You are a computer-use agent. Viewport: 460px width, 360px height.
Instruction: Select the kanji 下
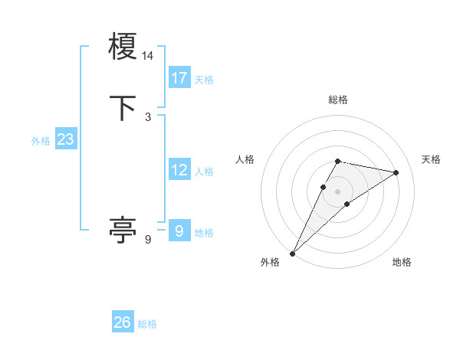tap(123, 108)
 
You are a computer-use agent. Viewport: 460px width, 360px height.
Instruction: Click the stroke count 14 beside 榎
tap(148, 56)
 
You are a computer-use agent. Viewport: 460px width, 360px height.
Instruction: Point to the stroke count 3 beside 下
tap(148, 116)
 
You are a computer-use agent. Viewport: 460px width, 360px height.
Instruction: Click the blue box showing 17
tap(179, 78)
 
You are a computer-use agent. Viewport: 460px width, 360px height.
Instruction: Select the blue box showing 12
tap(179, 170)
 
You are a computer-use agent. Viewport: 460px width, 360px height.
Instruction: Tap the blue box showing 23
tap(65, 139)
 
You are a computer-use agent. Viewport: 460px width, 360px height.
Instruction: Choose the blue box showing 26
tap(123, 322)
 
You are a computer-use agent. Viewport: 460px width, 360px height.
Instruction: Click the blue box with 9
tap(179, 231)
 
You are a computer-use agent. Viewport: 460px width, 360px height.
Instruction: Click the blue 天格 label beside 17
tap(204, 80)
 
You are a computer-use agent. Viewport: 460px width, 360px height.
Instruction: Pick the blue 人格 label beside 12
tap(204, 172)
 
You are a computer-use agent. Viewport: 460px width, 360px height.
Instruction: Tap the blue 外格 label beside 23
tap(41, 141)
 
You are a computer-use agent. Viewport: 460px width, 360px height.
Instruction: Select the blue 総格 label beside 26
tap(147, 324)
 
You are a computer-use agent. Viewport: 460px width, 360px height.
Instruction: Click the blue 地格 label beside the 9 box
tap(204, 233)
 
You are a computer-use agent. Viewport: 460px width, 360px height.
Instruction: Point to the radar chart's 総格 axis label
tap(337, 100)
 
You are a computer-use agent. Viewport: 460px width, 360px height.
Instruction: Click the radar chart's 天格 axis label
tap(432, 159)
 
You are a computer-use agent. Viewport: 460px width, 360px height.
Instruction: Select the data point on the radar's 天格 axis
tap(396, 172)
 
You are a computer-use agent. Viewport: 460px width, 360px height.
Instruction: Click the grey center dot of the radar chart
tap(337, 191)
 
